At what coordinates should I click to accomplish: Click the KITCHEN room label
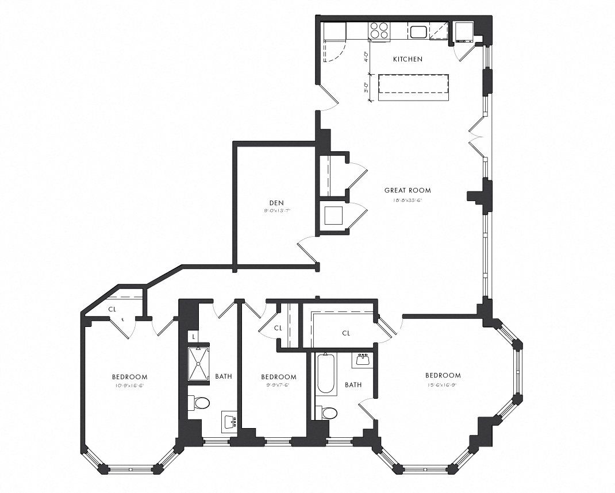point(408,59)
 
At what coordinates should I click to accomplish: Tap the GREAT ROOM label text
point(407,190)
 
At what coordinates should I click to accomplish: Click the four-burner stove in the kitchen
point(379,30)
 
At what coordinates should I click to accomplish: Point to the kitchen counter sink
point(418,31)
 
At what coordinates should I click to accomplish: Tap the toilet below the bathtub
point(328,413)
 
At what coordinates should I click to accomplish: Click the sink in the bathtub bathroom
point(363,360)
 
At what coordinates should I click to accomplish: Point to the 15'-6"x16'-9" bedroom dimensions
point(443,384)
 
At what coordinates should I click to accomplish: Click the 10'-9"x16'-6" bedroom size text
point(129,386)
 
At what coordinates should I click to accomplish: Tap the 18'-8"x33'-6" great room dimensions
point(407,200)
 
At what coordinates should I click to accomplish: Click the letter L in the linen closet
point(194,336)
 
